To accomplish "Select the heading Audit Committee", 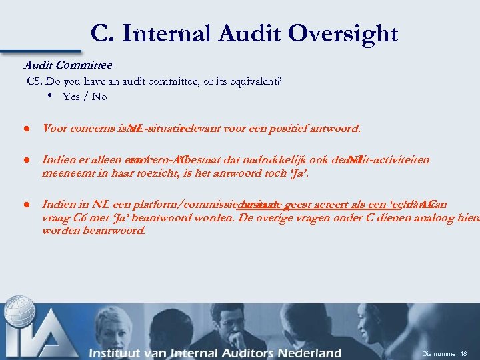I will (68, 65).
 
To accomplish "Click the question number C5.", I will (35, 81).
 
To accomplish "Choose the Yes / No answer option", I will (85, 97).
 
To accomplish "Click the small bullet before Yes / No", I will (51, 96).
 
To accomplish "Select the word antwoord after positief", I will (335, 128).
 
